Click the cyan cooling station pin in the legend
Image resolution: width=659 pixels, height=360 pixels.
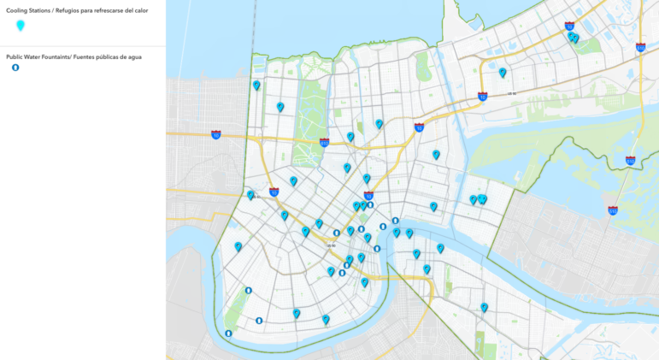click(21, 26)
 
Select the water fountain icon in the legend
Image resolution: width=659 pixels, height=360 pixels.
click(15, 68)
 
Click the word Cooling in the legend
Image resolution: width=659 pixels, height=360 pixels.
click(21, 10)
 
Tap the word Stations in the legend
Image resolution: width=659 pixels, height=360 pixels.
click(51, 10)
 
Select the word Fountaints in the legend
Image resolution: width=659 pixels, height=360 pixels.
click(62, 56)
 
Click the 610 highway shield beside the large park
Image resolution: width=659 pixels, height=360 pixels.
click(324, 143)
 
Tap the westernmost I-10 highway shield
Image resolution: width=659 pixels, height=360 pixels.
click(216, 134)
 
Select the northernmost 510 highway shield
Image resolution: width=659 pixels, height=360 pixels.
click(640, 48)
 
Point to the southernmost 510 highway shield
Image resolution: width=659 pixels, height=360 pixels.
click(613, 210)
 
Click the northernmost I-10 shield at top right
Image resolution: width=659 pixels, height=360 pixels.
click(569, 26)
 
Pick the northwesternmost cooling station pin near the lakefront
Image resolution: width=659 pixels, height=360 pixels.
click(256, 85)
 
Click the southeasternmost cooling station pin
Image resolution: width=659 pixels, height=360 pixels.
click(484, 306)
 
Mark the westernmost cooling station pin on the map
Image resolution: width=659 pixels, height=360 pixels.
click(238, 246)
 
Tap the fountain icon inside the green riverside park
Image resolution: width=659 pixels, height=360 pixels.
click(249, 290)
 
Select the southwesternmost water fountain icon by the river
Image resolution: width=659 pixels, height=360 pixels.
click(228, 333)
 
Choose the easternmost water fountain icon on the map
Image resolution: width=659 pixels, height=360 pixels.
click(396, 221)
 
